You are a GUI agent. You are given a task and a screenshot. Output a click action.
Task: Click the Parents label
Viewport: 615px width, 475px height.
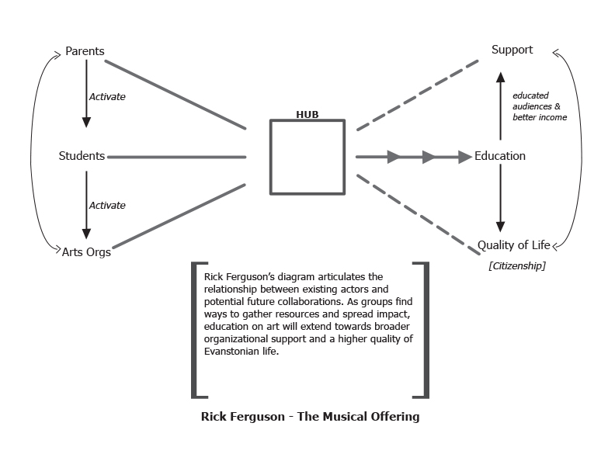[85, 52]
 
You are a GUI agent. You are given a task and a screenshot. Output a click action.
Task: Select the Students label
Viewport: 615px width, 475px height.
[82, 156]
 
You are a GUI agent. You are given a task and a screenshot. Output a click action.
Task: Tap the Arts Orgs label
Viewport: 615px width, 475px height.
[86, 251]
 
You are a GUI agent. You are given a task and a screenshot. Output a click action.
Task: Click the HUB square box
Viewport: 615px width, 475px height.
[307, 157]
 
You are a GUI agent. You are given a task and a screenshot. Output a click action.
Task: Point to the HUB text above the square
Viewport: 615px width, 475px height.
[307, 114]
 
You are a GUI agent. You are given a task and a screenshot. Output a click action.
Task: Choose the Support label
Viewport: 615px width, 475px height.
[512, 50]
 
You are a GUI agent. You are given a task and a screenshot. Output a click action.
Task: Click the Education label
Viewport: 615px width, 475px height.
[500, 156]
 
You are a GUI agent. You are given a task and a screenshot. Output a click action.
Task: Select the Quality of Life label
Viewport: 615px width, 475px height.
[513, 245]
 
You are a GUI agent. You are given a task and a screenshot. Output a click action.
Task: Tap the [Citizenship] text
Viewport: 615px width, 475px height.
[516, 266]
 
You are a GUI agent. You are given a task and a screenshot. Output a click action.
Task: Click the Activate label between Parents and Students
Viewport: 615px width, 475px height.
[107, 97]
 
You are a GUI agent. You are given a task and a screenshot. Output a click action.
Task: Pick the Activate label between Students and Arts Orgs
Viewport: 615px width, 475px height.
[107, 206]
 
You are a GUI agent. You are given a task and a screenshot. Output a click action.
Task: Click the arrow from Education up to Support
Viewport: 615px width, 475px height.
[500, 105]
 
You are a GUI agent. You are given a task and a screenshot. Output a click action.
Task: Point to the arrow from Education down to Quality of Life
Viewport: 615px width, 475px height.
[500, 198]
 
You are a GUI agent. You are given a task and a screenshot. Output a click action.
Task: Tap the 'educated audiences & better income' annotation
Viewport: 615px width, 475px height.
[539, 106]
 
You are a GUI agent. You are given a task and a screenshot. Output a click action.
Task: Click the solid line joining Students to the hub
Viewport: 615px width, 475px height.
[176, 157]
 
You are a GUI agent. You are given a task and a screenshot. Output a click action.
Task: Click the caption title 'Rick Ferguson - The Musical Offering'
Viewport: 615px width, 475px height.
[310, 417]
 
